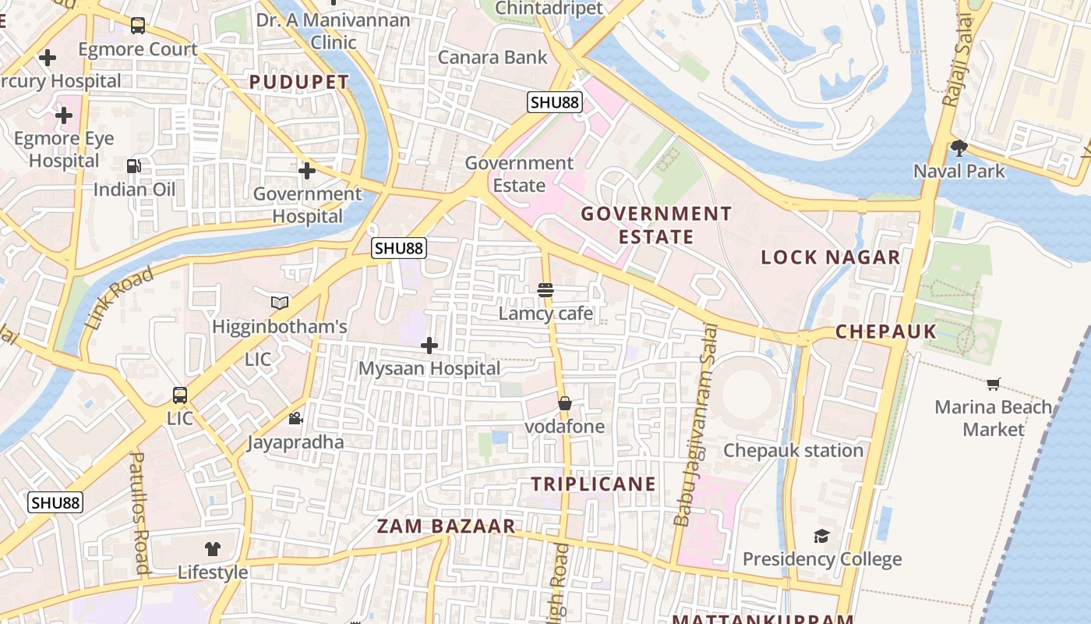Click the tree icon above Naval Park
coord(959,147)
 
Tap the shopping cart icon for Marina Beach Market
coord(993,384)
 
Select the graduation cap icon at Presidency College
coord(821,536)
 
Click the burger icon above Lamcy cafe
coord(545,290)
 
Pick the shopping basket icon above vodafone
coord(565,403)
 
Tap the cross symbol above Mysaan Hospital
coord(429,345)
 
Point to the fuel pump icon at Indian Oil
coord(134,165)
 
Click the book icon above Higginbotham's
coord(279,303)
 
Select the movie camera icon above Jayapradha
coord(295,419)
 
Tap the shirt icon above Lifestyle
coord(213,548)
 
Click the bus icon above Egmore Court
coord(138,26)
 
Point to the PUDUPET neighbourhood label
coord(299,82)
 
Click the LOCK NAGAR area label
coord(830,257)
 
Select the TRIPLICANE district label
coord(594,484)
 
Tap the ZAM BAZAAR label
coord(447,526)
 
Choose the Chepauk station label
coord(793,450)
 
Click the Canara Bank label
coord(493,57)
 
